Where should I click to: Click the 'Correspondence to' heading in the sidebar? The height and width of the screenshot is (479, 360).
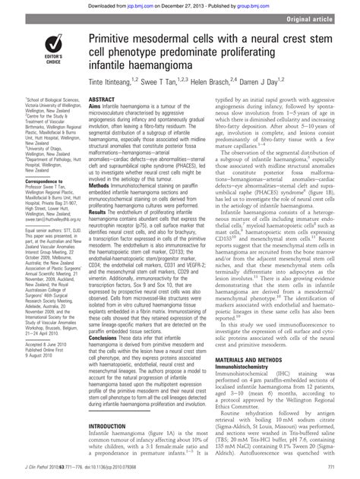[x=27, y=181]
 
